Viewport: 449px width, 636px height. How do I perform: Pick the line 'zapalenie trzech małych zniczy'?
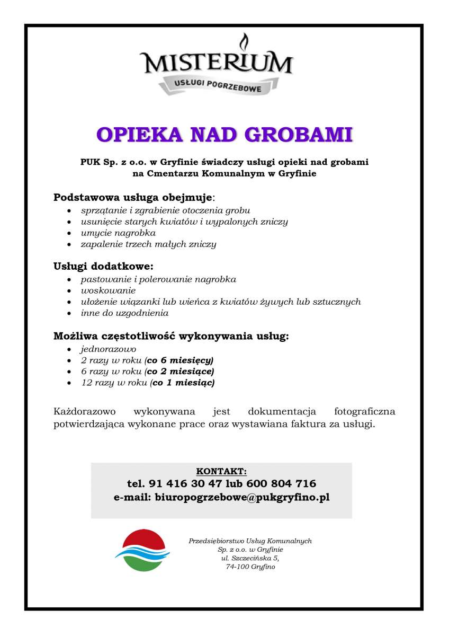click(148, 244)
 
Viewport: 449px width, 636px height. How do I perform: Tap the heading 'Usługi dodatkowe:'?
click(104, 266)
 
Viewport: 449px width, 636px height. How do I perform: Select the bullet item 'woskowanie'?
click(108, 290)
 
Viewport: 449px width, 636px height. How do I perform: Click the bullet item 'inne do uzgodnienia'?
click(124, 313)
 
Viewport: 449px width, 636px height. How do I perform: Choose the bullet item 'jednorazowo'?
click(109, 349)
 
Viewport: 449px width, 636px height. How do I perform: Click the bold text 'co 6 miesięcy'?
click(180, 360)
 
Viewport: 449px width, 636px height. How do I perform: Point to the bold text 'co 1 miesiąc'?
click(183, 383)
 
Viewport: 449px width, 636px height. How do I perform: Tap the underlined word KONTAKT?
click(221, 471)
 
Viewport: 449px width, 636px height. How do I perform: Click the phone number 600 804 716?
click(286, 483)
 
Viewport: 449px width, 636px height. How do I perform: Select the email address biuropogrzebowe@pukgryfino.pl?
click(242, 498)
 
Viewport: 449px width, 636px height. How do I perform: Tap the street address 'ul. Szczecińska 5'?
click(250, 558)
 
